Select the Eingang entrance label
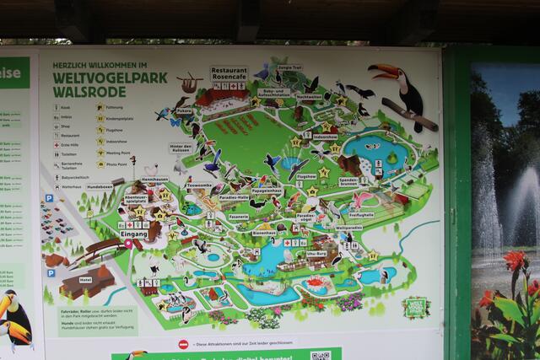[132, 234]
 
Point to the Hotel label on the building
[85, 279]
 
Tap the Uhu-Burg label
[316, 253]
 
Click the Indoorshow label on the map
[325, 137]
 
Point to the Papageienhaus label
[267, 191]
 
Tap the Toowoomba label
[199, 185]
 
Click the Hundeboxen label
[100, 186]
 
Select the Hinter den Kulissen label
[180, 148]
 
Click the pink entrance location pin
[128, 244]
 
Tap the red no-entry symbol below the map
[183, 344]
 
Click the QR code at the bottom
[320, 356]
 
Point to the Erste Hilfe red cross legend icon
[54, 144]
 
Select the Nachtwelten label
[310, 96]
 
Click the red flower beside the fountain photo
[514, 262]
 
